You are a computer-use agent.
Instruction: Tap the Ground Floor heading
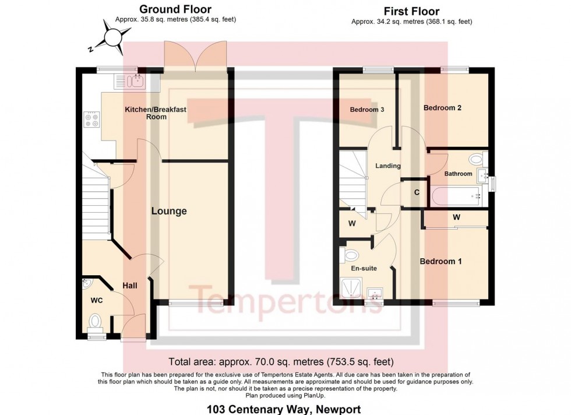click(175, 9)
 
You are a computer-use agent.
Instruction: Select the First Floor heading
click(411, 11)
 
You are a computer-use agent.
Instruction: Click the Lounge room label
click(169, 211)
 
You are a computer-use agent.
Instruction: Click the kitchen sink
click(130, 80)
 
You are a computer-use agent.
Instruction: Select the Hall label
click(130, 286)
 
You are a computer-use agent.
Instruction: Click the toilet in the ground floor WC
click(96, 321)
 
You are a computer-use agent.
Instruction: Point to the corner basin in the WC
click(88, 284)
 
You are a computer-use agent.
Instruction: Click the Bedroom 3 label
click(366, 110)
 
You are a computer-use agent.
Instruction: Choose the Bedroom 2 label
click(443, 108)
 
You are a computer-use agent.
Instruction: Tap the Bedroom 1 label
click(441, 262)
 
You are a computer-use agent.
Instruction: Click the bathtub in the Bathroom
click(456, 196)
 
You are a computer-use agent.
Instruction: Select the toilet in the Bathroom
click(476, 159)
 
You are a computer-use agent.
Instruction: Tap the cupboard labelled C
click(417, 192)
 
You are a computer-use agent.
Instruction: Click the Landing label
click(387, 166)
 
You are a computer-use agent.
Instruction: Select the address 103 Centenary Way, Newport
click(284, 409)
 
